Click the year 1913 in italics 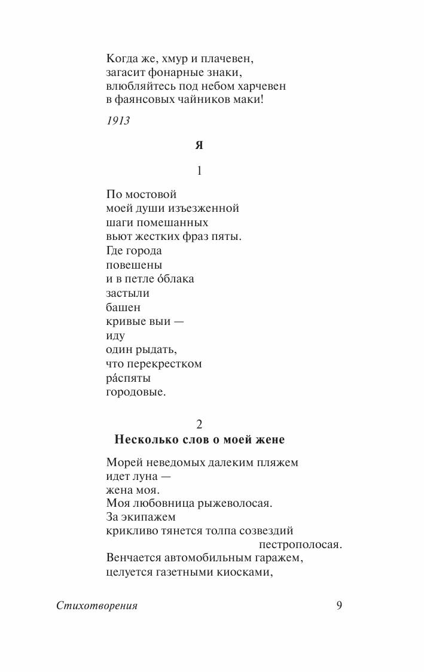118,120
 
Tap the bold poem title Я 200,145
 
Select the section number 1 200,171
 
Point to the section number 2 200,424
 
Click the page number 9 339,606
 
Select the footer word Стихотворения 97,606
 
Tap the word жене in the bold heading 270,440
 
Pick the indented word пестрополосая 300,545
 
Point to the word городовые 136,393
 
